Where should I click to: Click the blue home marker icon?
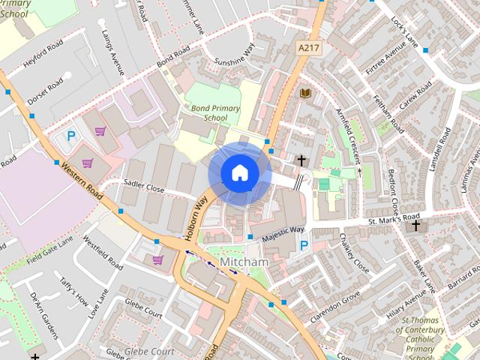click(239, 173)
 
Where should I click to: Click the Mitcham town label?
click(244, 262)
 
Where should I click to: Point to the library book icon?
click(304, 93)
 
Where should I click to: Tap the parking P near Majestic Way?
click(304, 245)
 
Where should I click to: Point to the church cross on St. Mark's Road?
click(416, 225)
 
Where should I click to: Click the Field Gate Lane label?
click(50, 252)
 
